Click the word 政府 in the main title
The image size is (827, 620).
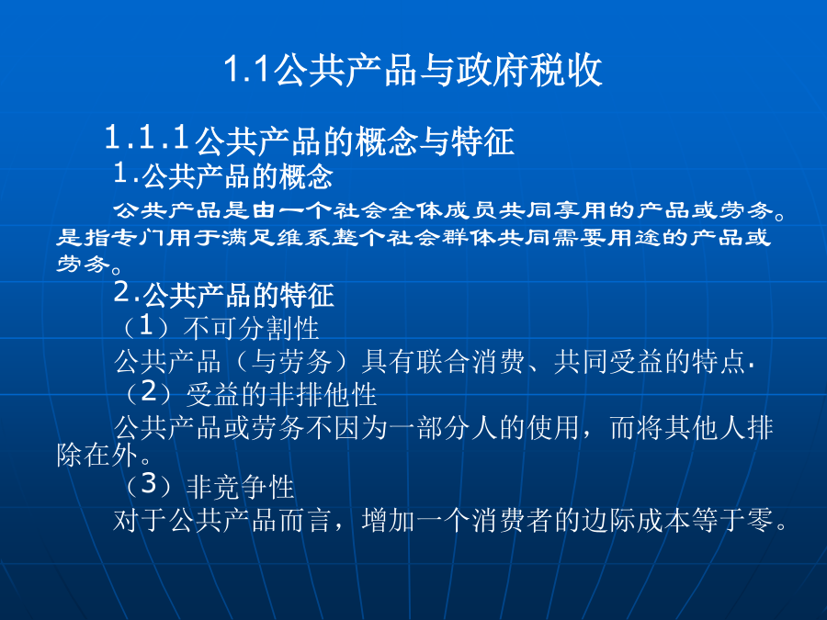pyautogui.click(x=493, y=70)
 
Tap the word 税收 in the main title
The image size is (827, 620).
pyautogui.click(x=565, y=70)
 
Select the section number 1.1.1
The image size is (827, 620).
pyautogui.click(x=147, y=137)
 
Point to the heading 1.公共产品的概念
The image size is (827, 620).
pyautogui.click(x=223, y=175)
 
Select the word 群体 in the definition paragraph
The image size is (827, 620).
pyautogui.click(x=469, y=238)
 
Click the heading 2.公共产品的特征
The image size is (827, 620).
pyautogui.click(x=223, y=294)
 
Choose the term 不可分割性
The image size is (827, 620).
pyautogui.click(x=251, y=328)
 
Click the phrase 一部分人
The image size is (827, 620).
pyautogui.click(x=443, y=427)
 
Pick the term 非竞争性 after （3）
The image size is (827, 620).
pyautogui.click(x=241, y=486)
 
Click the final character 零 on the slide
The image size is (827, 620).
pyautogui.click(x=760, y=520)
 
